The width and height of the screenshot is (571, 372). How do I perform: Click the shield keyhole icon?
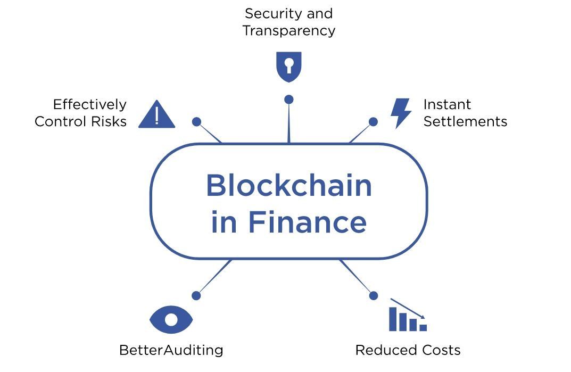(288, 67)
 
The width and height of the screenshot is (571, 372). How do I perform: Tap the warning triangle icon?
(156, 115)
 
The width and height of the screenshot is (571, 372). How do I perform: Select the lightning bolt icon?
(400, 113)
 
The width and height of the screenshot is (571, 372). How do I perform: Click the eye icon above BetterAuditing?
(171, 319)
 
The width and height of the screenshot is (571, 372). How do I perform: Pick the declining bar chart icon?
(408, 316)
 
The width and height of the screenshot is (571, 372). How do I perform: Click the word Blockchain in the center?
(288, 186)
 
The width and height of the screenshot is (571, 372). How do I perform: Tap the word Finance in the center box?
(307, 222)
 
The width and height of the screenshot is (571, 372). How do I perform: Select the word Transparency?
(288, 30)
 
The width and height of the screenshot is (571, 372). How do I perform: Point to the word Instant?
(447, 104)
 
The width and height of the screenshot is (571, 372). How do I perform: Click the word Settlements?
(465, 121)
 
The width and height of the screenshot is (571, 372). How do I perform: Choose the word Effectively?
(89, 104)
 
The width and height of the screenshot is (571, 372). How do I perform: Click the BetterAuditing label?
(171, 350)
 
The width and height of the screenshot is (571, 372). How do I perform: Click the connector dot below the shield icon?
(288, 99)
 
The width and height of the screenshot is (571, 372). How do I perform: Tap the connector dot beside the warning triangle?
(196, 122)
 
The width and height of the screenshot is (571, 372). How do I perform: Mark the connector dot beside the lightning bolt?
(373, 122)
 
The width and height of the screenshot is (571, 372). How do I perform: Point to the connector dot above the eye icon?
(196, 295)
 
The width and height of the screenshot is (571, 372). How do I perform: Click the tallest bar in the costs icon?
(393, 319)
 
